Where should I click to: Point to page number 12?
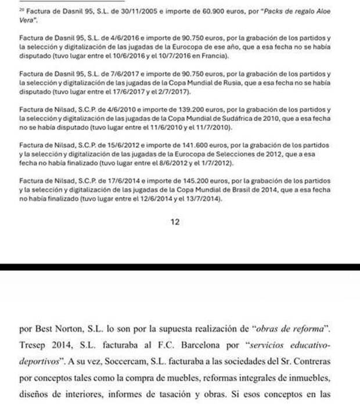175,221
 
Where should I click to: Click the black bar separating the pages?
180,267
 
